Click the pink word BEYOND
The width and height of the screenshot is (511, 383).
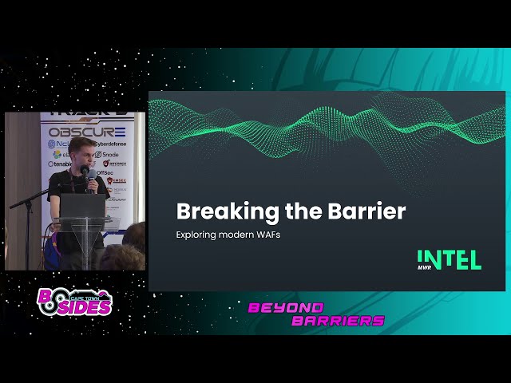[285, 307]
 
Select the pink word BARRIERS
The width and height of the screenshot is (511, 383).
[338, 321]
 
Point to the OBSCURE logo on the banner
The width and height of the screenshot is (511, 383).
[87, 132]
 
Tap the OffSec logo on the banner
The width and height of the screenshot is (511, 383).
[105, 172]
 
